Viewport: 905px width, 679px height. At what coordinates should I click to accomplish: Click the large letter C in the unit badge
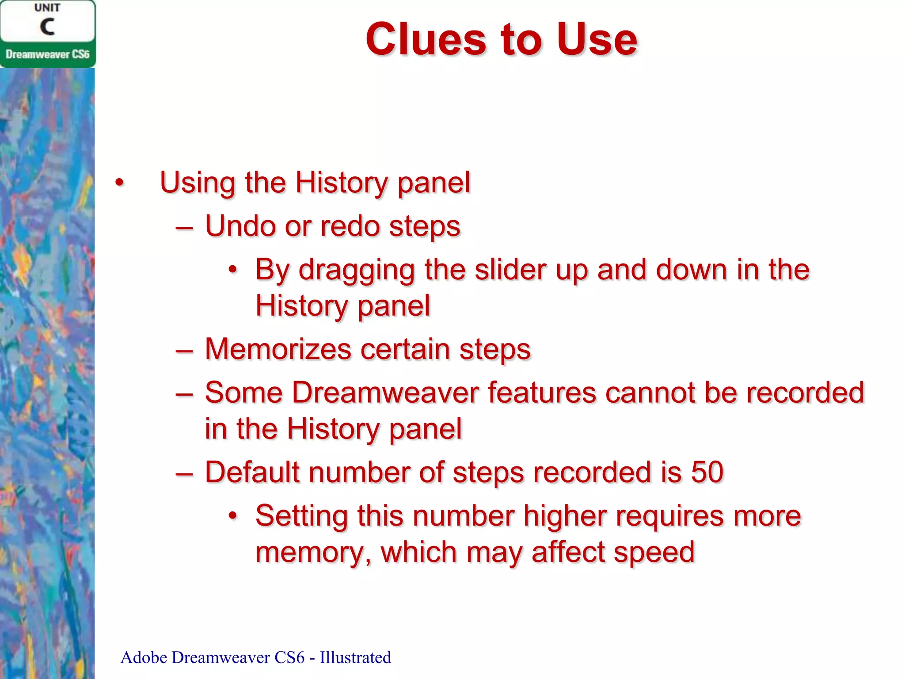pyautogui.click(x=47, y=27)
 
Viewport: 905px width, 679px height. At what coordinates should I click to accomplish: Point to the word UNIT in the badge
pyautogui.click(x=47, y=8)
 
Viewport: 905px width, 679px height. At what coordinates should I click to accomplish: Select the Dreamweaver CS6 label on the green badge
pyautogui.click(x=47, y=54)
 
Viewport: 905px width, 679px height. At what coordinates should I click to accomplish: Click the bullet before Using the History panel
pyautogui.click(x=119, y=183)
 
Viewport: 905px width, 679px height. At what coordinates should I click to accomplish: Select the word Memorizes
pyautogui.click(x=278, y=349)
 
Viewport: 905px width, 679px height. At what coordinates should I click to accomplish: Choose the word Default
pyautogui.click(x=252, y=472)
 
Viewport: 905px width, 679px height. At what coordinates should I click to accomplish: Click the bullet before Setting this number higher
pyautogui.click(x=233, y=515)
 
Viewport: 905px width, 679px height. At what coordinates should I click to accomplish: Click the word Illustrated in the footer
pyautogui.click(x=355, y=657)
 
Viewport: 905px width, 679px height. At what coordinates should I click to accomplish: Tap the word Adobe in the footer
pyautogui.click(x=144, y=657)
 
